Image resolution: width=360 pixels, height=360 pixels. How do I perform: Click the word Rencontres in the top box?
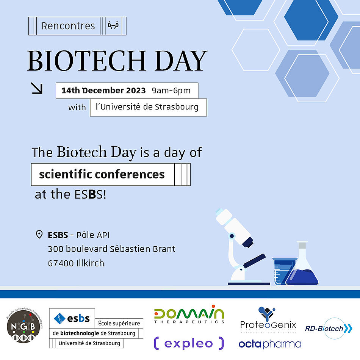point(68,26)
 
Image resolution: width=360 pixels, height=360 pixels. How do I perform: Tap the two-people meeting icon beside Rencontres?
point(113,26)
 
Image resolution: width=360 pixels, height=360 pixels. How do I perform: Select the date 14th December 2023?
point(103,91)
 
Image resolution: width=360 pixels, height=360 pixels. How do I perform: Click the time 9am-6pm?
point(171,91)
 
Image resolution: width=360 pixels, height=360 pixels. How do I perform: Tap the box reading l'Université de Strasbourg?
point(148,107)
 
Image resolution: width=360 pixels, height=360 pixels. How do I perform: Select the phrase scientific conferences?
point(102,174)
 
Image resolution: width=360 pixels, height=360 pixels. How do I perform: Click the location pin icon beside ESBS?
point(39,235)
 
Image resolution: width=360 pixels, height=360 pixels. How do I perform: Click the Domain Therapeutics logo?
point(189,315)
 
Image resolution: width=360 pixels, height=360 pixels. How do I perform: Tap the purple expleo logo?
point(189,343)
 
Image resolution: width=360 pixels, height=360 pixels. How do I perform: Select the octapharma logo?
point(270,344)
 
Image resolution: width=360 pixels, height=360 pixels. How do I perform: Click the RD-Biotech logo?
point(329,328)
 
